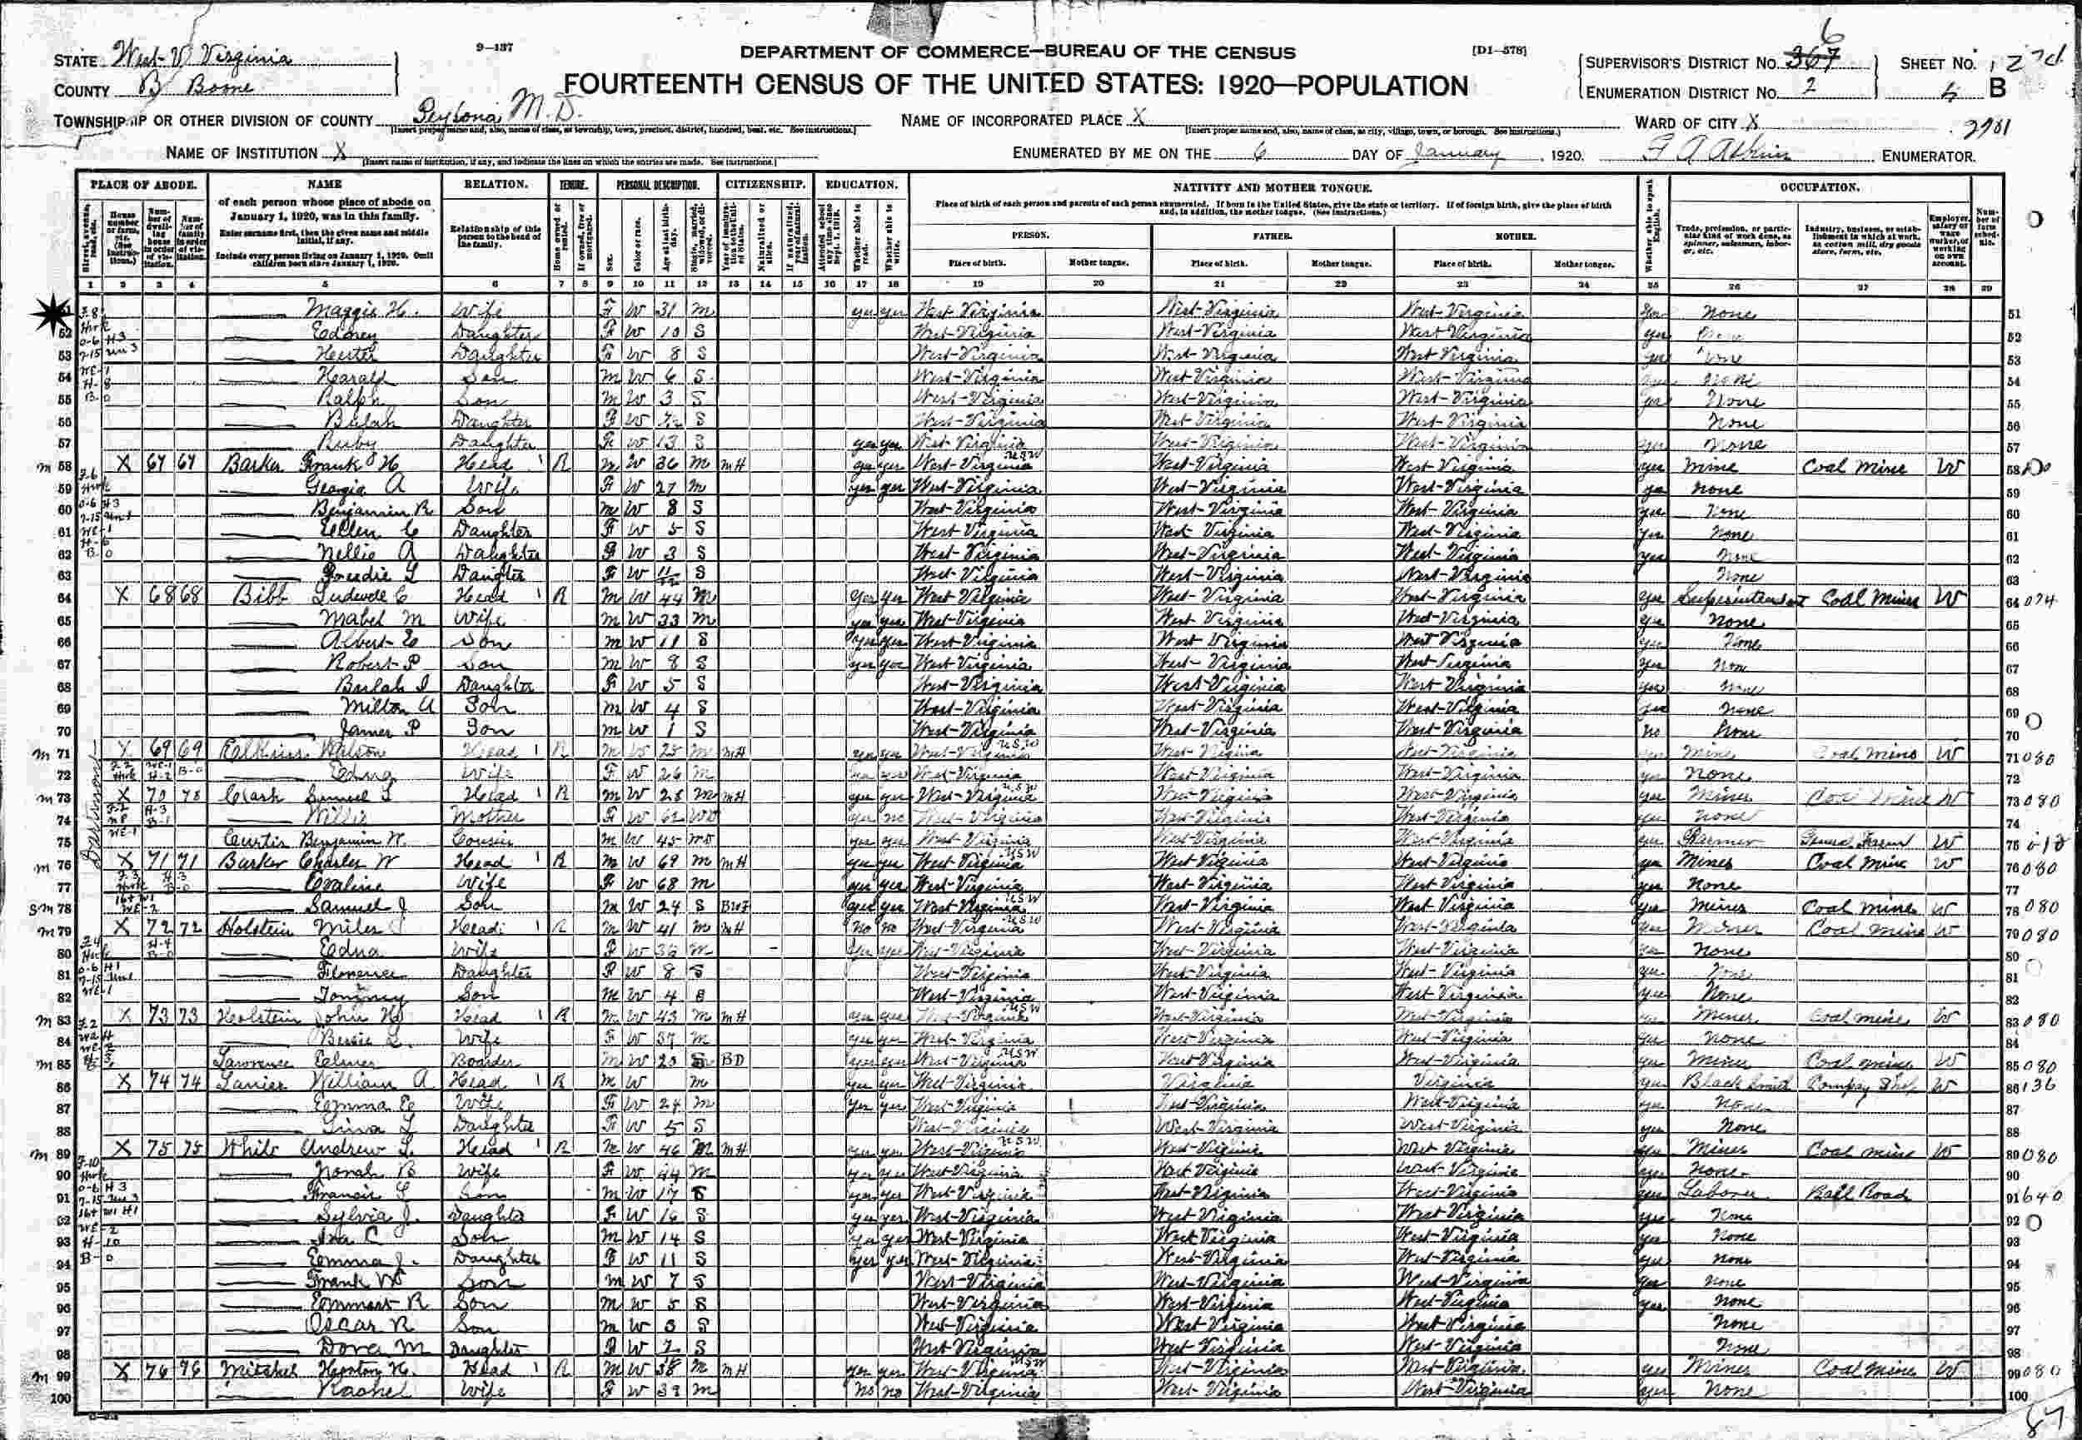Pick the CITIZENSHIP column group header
coord(764,184)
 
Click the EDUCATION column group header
coord(860,184)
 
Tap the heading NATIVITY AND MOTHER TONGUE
coord(1273,186)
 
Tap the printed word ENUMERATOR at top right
coord(1928,156)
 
